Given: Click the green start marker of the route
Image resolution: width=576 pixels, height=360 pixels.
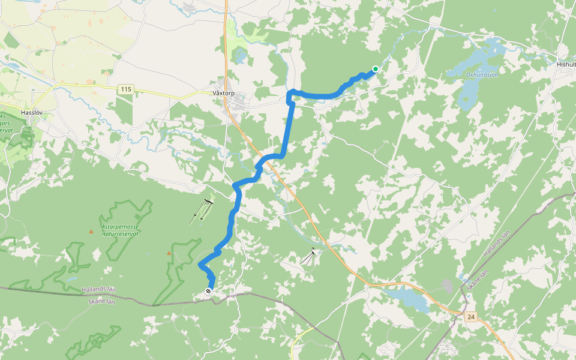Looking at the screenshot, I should (375, 69).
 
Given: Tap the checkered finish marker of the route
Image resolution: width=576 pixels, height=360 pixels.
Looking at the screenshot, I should (208, 291).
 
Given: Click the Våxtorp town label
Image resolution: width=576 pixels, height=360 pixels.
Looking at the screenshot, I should (223, 94).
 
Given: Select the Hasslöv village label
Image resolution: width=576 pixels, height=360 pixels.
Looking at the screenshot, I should (29, 112).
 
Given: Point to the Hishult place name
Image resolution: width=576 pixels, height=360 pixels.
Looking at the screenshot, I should (566, 64).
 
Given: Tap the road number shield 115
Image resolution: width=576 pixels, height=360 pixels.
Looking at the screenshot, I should (125, 89).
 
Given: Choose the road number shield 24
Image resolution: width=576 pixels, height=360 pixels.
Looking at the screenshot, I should (471, 316).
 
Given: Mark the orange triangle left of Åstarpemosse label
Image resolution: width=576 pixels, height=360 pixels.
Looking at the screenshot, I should (91, 231).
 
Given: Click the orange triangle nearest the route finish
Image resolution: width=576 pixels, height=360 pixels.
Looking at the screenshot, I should (169, 253).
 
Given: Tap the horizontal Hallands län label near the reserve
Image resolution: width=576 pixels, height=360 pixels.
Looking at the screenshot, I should (99, 291).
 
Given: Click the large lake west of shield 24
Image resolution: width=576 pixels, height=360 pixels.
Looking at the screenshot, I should (408, 298).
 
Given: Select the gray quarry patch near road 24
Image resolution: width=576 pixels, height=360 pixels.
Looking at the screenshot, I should (448, 286).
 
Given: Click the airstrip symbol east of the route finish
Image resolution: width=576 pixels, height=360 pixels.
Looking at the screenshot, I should (310, 256).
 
